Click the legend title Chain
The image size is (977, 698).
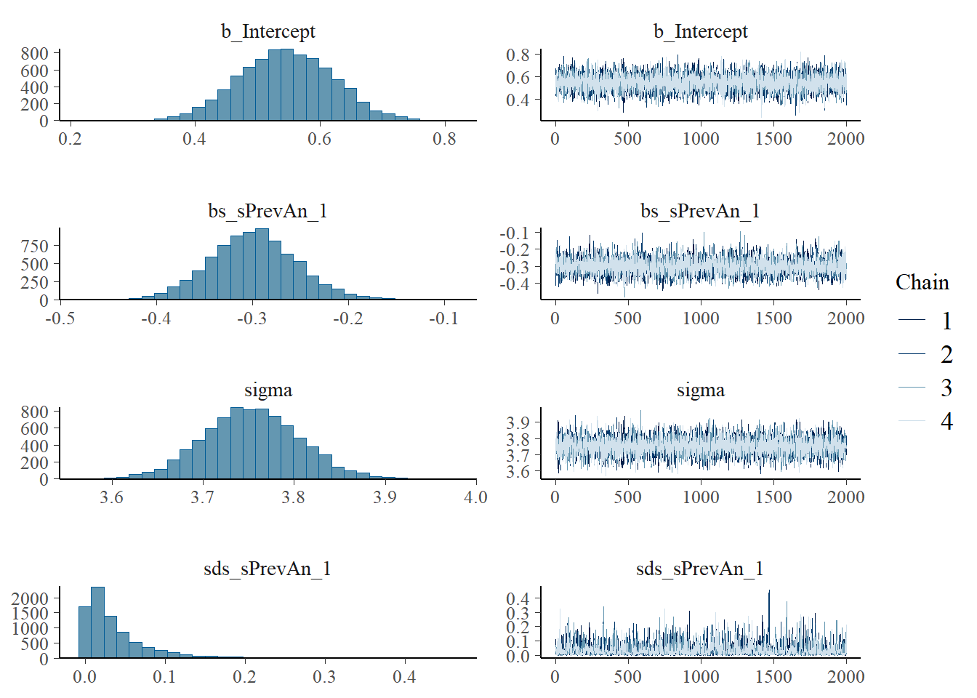click(x=922, y=283)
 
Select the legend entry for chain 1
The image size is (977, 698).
click(x=946, y=321)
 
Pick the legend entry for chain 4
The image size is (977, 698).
click(x=946, y=421)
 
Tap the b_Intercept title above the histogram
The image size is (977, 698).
click(x=268, y=31)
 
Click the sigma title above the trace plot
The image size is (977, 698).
click(x=700, y=390)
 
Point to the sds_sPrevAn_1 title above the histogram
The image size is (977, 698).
click(x=268, y=569)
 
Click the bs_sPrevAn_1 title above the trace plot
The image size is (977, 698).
click(x=700, y=211)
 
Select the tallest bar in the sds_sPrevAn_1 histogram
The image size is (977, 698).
click(x=97, y=622)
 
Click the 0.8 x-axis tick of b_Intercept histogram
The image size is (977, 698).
click(x=444, y=138)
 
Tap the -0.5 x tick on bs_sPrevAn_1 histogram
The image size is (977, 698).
click(x=60, y=318)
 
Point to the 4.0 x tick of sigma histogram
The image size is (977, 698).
click(x=475, y=497)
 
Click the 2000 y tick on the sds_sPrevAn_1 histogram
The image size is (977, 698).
click(x=30, y=598)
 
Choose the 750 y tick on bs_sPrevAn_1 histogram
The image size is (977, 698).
click(x=35, y=246)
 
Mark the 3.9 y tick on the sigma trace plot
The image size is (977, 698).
click(x=518, y=422)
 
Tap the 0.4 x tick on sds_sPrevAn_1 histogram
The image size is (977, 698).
click(x=404, y=676)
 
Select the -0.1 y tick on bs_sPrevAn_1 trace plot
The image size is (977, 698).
click(x=515, y=233)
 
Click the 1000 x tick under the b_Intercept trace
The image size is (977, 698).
click(x=700, y=138)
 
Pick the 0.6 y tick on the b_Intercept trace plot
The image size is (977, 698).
click(x=518, y=77)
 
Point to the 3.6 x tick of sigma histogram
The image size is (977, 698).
click(x=111, y=497)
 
